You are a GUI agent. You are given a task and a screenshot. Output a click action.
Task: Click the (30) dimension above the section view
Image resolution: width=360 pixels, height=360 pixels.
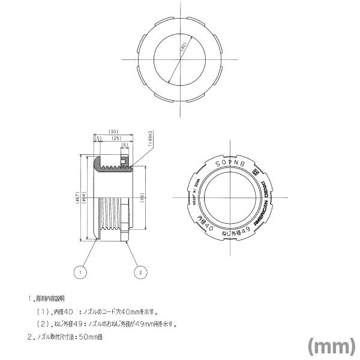click(x=112, y=131)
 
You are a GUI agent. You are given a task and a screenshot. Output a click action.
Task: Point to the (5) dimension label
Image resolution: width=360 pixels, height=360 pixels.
click(x=98, y=138)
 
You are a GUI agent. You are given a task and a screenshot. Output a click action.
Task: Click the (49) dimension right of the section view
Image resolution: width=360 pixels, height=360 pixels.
click(x=142, y=199)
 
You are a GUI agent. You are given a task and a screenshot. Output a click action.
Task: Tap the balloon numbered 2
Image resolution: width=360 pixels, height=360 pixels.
click(x=140, y=272)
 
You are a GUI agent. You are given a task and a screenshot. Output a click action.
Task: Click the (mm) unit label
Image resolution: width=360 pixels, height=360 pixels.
click(x=331, y=346)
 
